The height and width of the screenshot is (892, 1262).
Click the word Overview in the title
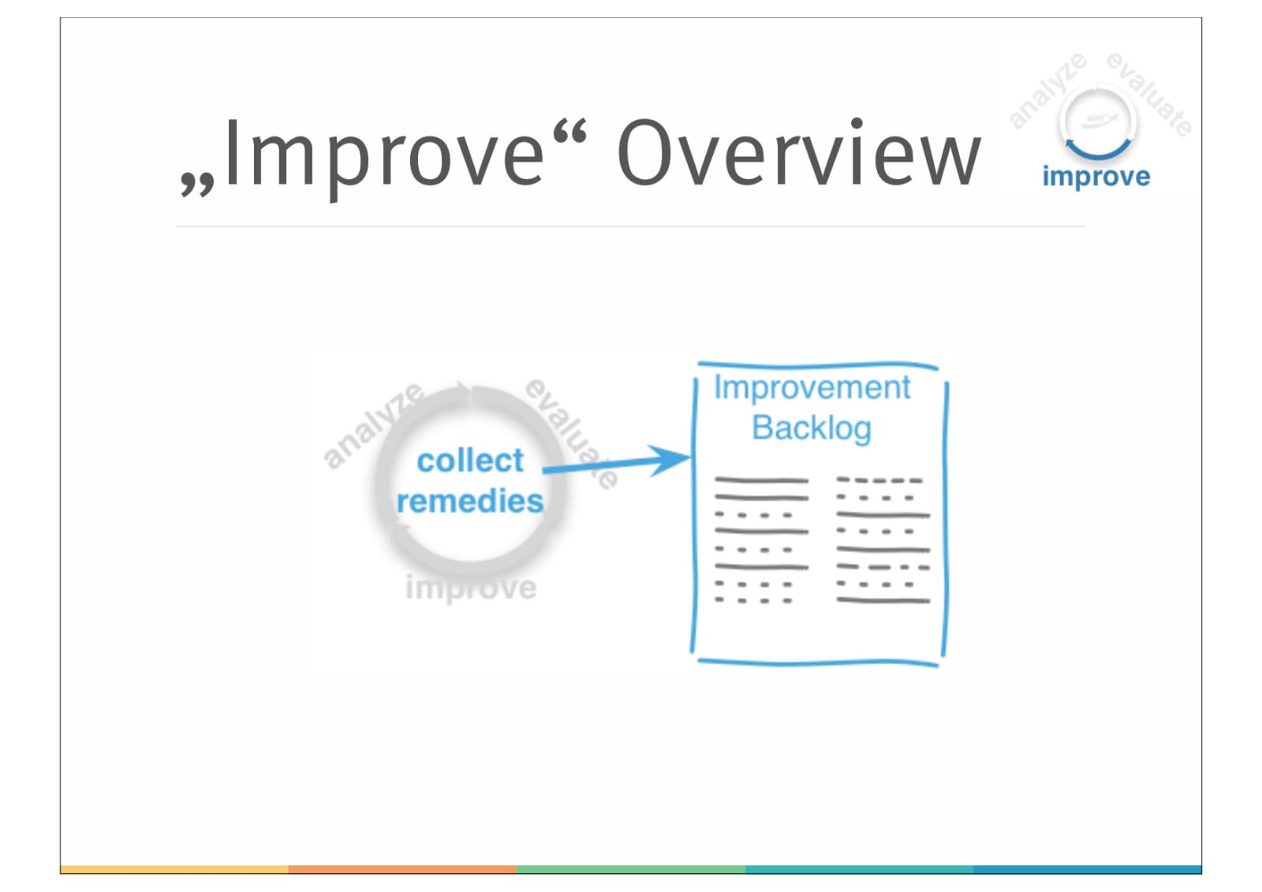798,154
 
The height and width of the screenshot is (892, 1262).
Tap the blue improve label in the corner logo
1096,177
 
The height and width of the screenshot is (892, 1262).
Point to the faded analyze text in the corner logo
1047,90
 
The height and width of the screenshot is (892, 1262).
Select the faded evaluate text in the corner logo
1149,94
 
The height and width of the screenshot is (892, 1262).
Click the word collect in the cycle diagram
469,461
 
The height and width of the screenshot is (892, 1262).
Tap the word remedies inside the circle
469,502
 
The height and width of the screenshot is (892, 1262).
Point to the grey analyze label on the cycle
373,425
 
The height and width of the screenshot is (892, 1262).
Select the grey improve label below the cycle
471,588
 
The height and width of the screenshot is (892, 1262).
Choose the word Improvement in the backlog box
812,388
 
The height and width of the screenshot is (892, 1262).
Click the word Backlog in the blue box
812,428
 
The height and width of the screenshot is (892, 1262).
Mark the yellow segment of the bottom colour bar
174,869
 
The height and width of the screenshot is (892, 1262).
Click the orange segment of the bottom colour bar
402,869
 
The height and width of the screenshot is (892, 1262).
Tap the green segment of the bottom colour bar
631,869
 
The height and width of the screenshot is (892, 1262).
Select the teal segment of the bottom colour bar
859,869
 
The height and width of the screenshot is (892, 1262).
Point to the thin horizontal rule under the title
631,226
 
